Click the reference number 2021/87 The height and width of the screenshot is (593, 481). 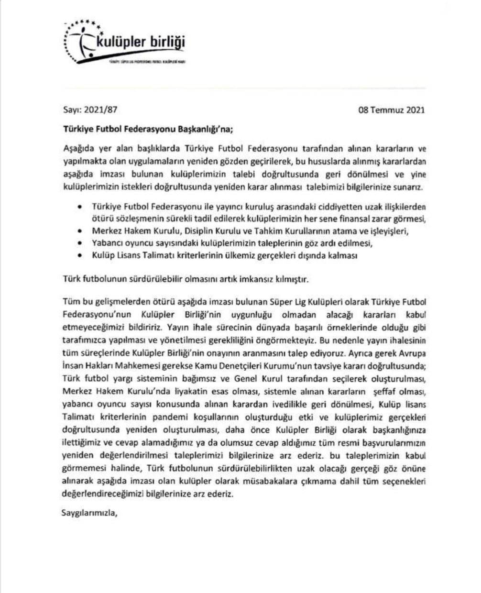point(100,110)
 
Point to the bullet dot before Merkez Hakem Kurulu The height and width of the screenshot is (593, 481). point(79,231)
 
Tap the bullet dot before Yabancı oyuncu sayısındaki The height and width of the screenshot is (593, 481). point(79,243)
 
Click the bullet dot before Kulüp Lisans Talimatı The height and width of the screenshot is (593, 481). point(79,255)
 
